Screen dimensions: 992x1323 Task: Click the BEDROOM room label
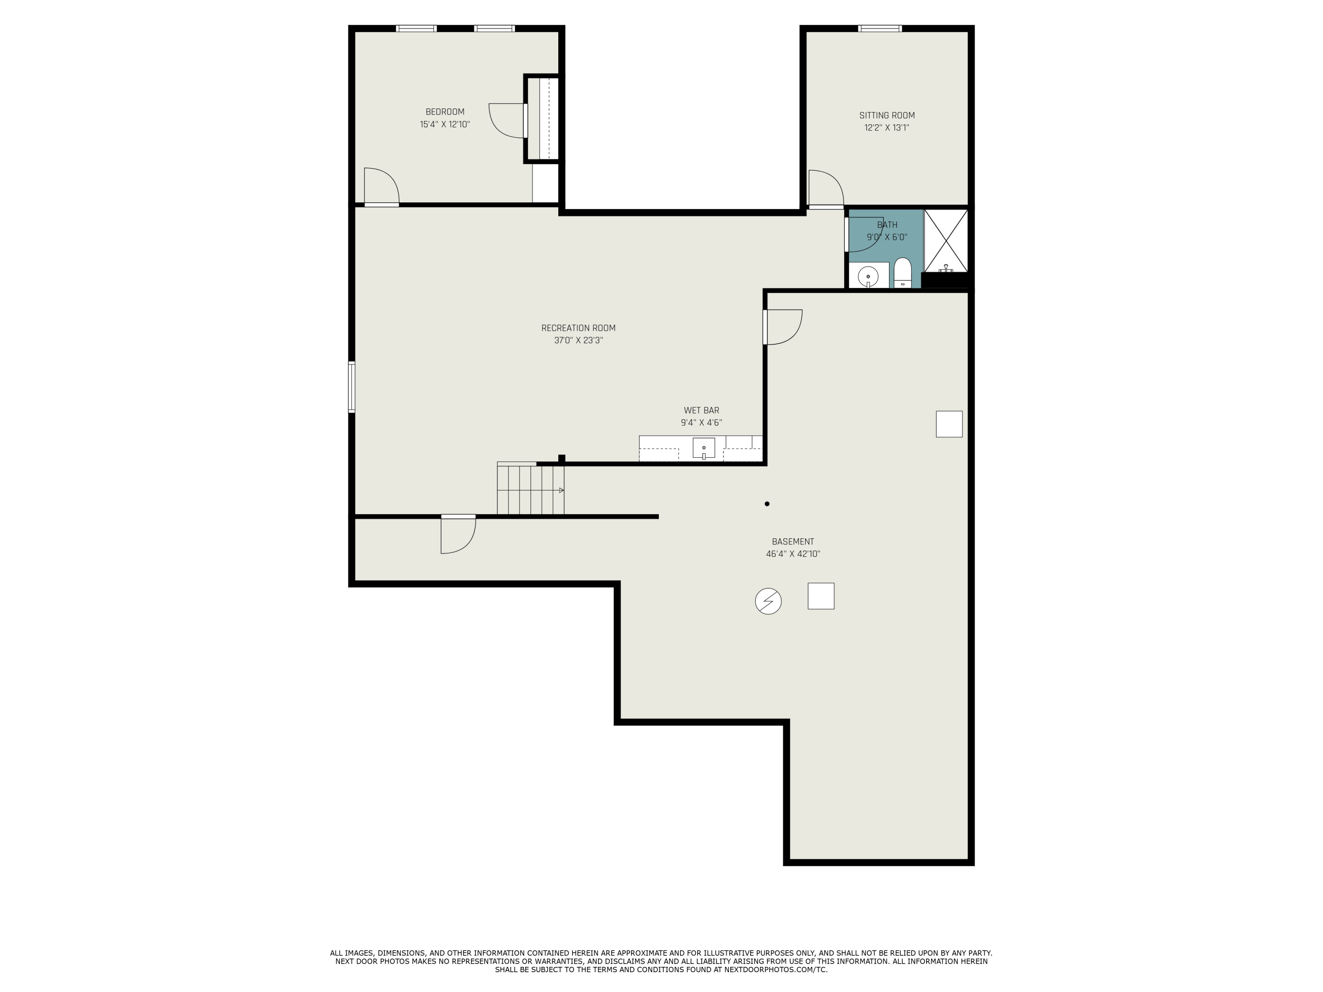445,112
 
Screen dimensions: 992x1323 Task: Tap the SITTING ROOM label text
886,116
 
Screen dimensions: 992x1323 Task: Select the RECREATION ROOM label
578,328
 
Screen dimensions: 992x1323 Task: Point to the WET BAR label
701,410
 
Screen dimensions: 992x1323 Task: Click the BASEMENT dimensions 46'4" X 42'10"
792,554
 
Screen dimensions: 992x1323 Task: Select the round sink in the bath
868,276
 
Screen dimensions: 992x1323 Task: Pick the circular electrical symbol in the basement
768,601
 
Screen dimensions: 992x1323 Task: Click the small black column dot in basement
767,503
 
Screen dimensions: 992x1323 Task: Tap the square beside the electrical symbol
821,596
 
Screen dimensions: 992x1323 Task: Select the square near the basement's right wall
949,424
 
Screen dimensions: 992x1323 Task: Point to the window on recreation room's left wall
351,387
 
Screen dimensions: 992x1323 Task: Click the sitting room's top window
880,28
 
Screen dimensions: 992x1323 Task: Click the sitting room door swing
826,188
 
